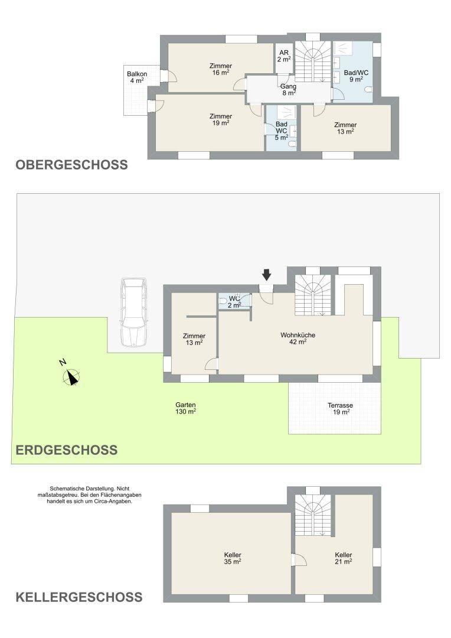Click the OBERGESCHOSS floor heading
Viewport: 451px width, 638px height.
point(71,165)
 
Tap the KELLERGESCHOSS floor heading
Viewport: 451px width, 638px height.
point(79,597)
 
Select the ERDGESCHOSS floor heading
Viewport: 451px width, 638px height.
point(67,450)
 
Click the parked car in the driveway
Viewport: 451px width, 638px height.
point(133,312)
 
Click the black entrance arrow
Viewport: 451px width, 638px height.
point(266,275)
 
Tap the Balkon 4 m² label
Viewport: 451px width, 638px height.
point(137,77)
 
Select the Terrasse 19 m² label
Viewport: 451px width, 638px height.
point(341,409)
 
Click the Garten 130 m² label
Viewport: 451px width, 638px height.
point(186,408)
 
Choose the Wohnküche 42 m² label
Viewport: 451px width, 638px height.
point(298,338)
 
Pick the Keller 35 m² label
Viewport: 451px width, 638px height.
point(233,558)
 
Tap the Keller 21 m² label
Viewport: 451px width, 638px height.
point(343,558)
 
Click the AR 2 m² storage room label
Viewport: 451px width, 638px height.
point(284,56)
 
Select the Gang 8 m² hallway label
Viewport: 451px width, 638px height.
point(288,90)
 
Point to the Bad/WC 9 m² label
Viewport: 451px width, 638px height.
point(356,76)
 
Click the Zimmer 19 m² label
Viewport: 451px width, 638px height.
point(220,119)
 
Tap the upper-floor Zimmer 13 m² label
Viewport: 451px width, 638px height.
point(345,128)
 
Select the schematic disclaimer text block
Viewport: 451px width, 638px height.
point(89,495)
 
